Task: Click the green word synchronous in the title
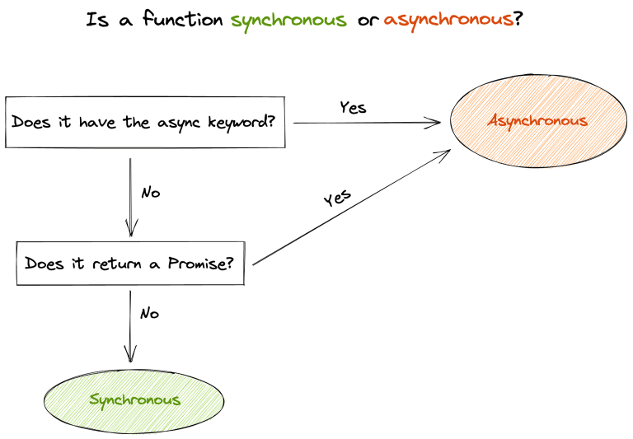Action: click(288, 20)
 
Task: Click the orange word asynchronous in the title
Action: click(448, 20)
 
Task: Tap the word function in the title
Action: click(184, 20)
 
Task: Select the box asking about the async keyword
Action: click(145, 123)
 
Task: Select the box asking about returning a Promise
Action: click(130, 264)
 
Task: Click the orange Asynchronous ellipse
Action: click(537, 121)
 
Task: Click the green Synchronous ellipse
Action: click(134, 400)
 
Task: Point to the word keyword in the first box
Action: click(240, 123)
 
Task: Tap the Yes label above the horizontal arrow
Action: click(353, 107)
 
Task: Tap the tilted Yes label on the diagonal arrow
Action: click(336, 198)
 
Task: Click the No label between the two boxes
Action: click(150, 193)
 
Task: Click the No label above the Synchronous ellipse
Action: click(149, 314)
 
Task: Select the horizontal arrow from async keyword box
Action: click(367, 123)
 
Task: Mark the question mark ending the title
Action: click(518, 20)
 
